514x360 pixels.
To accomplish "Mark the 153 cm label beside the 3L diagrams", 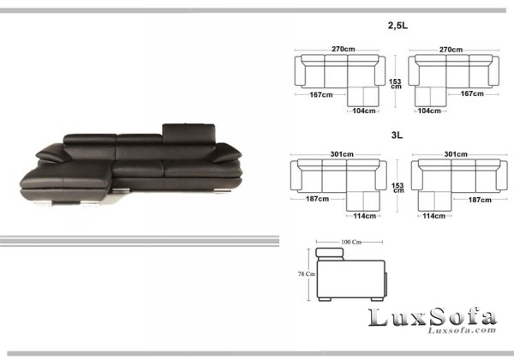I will tap(395, 188).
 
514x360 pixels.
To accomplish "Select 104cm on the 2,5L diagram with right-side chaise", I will tap(363, 111).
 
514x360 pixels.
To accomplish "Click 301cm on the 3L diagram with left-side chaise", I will tap(454, 154).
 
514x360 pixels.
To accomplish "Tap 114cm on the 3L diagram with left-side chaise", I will tap(433, 215).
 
